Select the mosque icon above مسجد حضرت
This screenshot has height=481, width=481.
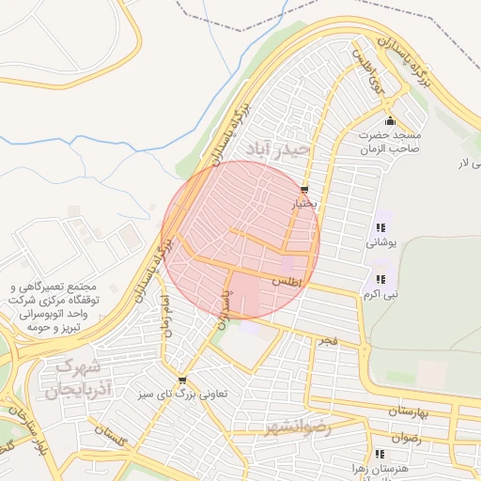(x=391, y=121)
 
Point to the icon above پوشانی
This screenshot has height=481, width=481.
(x=380, y=227)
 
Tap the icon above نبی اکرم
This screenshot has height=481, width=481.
(x=380, y=279)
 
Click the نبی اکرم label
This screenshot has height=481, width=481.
(x=381, y=294)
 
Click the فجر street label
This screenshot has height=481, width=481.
(x=327, y=337)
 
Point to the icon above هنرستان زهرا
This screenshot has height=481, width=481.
(x=379, y=453)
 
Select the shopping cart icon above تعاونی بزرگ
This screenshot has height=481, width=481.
(x=182, y=380)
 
